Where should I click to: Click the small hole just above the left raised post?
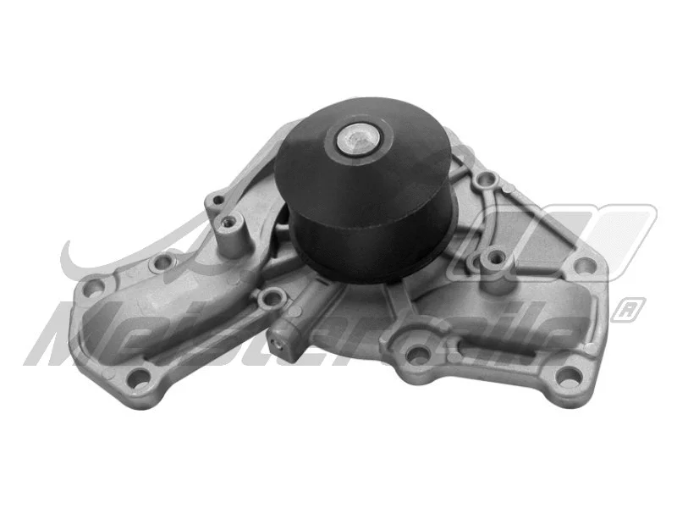point(217,201)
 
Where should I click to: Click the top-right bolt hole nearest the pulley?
point(485,179)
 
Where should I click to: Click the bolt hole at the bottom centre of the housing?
point(414,355)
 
